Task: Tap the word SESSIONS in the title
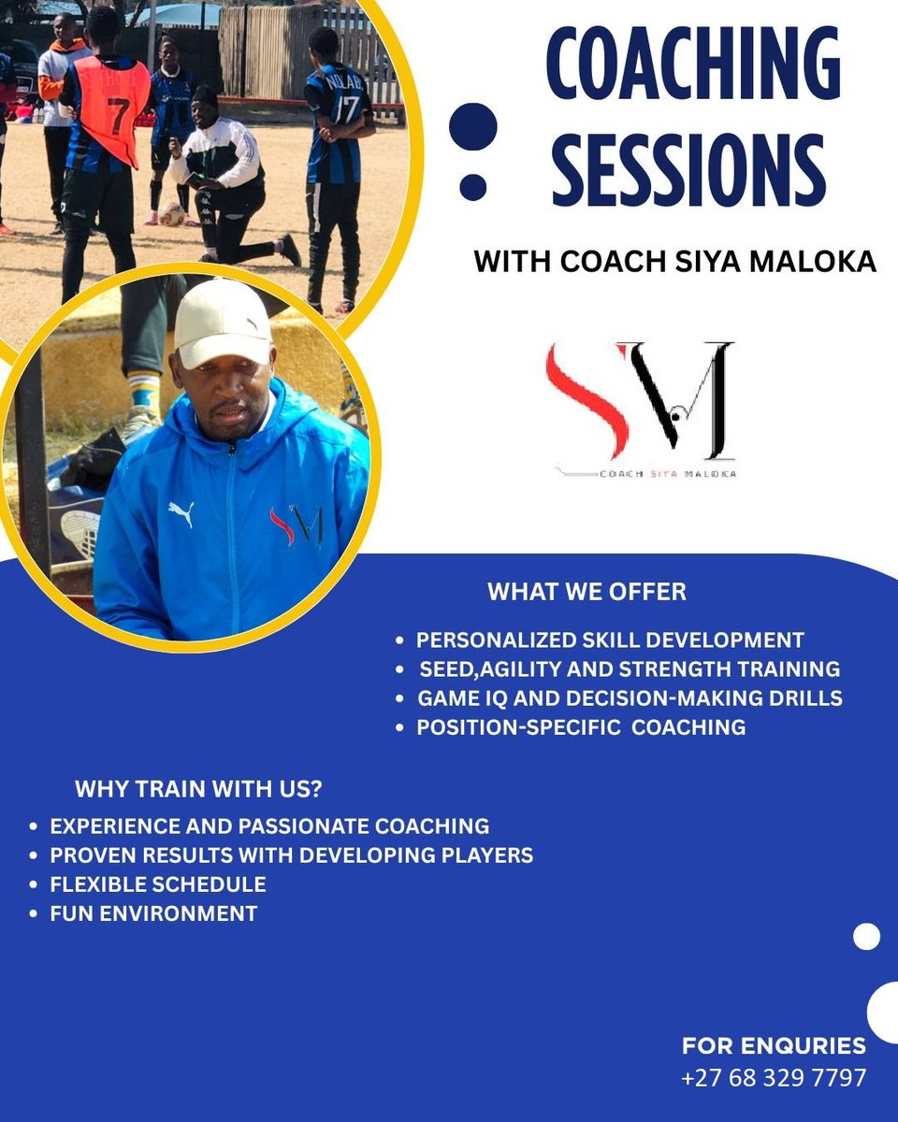(x=689, y=169)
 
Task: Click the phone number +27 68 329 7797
(x=774, y=1077)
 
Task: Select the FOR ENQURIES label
(x=774, y=1045)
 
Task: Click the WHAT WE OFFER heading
(x=587, y=592)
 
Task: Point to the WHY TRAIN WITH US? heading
(x=198, y=789)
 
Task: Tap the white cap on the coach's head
(x=221, y=322)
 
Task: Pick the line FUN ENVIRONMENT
(x=153, y=913)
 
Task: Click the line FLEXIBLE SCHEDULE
(x=158, y=885)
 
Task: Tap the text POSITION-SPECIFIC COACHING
(x=581, y=727)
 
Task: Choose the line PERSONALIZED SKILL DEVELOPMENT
(x=610, y=640)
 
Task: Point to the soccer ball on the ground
(x=171, y=214)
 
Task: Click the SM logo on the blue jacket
(x=296, y=525)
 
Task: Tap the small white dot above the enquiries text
(x=867, y=936)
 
